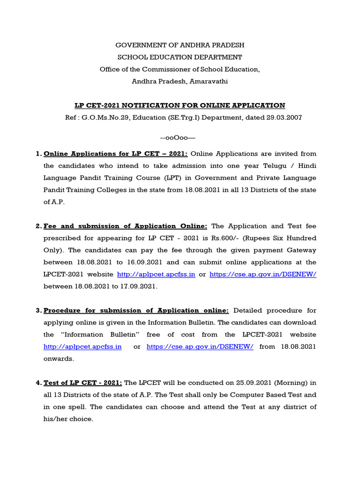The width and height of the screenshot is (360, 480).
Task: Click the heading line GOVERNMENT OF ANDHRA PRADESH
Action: coord(180,45)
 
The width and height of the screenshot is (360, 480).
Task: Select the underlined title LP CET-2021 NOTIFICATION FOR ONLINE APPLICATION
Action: coord(180,105)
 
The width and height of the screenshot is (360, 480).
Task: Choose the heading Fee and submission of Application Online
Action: coord(125,226)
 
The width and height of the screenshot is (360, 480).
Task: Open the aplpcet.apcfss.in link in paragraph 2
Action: coord(156,275)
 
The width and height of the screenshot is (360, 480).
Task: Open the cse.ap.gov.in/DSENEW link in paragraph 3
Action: coord(200,347)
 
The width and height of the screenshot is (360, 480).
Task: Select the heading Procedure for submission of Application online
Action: coord(136,310)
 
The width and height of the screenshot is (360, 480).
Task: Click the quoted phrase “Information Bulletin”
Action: coord(99,335)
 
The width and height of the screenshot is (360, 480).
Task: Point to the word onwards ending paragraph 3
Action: coord(59,359)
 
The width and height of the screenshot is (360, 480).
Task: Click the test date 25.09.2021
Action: coord(262,383)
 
